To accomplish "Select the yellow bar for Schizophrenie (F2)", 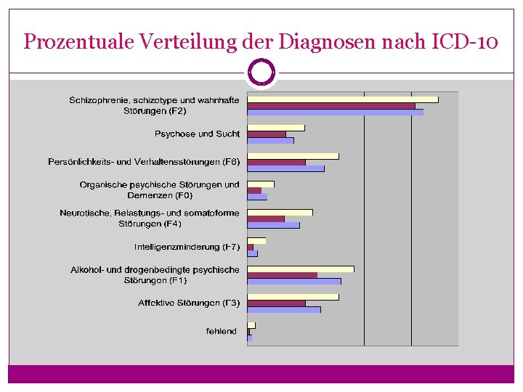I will [x=342, y=99].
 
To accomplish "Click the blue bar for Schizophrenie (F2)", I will [x=335, y=112].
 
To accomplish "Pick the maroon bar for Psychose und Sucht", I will [x=267, y=134].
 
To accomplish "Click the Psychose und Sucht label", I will [x=197, y=134].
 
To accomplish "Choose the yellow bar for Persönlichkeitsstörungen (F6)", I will [x=293, y=156].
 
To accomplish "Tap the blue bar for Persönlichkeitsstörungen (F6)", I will [x=285, y=168].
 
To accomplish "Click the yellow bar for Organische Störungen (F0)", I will [x=261, y=184].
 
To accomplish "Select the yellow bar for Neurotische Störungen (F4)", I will [x=280, y=213].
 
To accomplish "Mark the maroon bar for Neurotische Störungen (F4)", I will [x=265, y=219].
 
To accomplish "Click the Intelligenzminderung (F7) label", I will [x=187, y=247].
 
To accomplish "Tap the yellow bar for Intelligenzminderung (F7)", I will [x=256, y=240].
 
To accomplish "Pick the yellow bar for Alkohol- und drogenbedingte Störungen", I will [x=300, y=269].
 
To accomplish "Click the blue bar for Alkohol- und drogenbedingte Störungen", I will [x=293, y=281].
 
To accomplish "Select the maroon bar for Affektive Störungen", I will [x=276, y=303].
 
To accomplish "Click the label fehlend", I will [x=221, y=331].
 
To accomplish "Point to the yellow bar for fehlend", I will [x=251, y=325].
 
